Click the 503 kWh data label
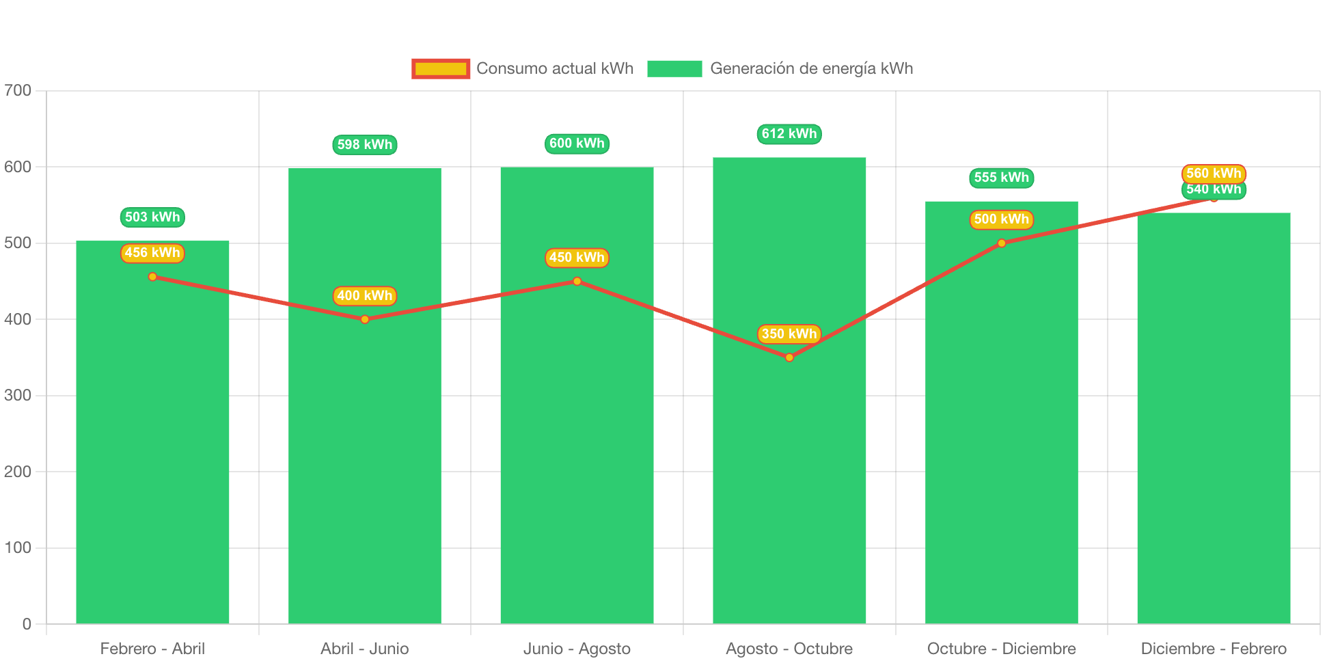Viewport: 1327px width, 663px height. point(152,217)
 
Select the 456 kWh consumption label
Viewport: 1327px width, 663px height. point(152,253)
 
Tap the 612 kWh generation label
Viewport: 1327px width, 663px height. point(789,134)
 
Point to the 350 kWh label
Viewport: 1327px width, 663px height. point(789,334)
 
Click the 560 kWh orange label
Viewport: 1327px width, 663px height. point(1214,173)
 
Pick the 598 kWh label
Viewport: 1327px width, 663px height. point(365,145)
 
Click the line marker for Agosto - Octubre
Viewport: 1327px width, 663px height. point(789,357)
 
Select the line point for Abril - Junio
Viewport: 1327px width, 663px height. point(365,319)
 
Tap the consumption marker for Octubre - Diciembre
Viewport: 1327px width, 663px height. point(1002,243)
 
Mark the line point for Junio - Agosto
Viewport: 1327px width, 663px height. point(577,281)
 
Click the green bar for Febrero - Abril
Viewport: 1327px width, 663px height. point(152,444)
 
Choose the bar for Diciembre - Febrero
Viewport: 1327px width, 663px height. point(1214,424)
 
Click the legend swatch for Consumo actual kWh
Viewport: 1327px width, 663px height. point(441,68)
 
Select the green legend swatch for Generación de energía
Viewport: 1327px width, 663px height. point(674,68)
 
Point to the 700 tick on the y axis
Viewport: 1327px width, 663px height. point(18,90)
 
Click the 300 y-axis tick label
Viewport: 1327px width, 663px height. point(18,395)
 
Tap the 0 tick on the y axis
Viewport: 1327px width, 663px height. point(27,624)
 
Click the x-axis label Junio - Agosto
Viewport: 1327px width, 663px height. point(577,649)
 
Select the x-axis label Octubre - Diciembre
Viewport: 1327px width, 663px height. point(1002,649)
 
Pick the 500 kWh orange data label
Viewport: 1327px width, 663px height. point(1002,219)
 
